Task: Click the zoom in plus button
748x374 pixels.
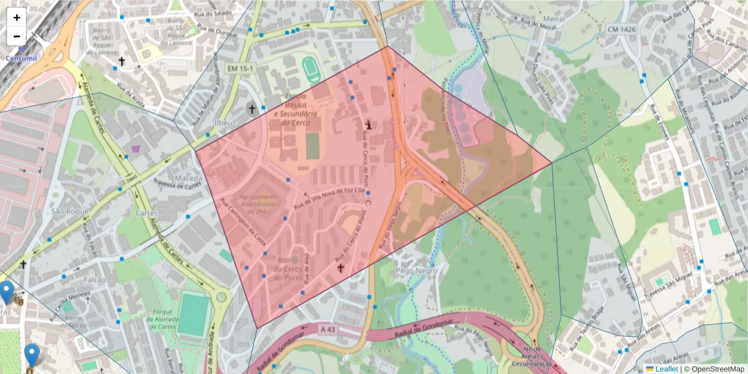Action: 17,17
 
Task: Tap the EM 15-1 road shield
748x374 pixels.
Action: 237,67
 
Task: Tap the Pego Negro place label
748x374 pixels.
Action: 413,271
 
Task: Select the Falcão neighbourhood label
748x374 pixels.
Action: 95,279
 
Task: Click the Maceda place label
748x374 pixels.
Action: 189,178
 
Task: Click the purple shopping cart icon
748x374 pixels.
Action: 136,149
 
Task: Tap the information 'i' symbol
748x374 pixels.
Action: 369,125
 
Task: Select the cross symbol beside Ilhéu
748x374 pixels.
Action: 252,109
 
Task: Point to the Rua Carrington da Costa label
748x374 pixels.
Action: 244,222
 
